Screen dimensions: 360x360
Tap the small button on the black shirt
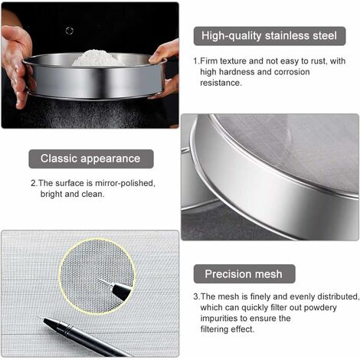pyautogui.click(x=70, y=31)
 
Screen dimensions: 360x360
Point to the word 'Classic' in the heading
pyautogui.click(x=59, y=159)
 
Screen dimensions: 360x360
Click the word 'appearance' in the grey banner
pyautogui.click(x=110, y=159)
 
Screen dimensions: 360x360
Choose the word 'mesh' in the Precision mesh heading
pyautogui.click(x=269, y=274)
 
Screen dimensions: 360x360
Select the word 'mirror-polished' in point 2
pyautogui.click(x=125, y=184)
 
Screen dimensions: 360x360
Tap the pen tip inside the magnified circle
pyautogui.click(x=99, y=280)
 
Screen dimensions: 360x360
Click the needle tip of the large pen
pyautogui.click(x=38, y=316)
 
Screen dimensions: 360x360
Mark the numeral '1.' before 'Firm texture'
pyautogui.click(x=196, y=61)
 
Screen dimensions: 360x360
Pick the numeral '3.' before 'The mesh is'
pyautogui.click(x=196, y=297)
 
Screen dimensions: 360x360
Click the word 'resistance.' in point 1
pyautogui.click(x=221, y=83)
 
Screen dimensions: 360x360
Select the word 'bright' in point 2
pyautogui.click(x=51, y=195)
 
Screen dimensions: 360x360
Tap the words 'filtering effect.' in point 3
pyautogui.click(x=227, y=329)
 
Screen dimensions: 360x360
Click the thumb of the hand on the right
pyautogui.click(x=158, y=57)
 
